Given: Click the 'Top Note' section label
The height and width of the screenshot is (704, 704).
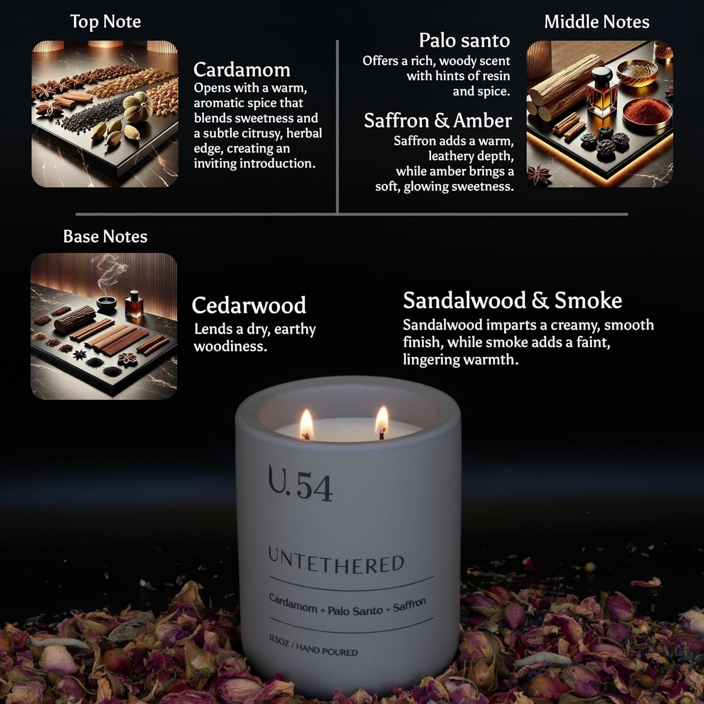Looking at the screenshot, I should click(x=105, y=22).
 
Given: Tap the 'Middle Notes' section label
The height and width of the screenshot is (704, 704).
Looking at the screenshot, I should click(x=596, y=22).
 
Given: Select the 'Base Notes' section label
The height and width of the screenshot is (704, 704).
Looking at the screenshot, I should click(x=105, y=236).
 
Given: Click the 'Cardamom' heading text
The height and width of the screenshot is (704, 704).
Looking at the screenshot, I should click(x=242, y=70).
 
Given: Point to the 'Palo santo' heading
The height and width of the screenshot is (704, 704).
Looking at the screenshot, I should click(x=464, y=40).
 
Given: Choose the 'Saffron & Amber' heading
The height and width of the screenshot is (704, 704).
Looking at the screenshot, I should click(x=438, y=120).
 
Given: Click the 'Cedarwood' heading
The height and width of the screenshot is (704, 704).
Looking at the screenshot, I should click(x=248, y=305).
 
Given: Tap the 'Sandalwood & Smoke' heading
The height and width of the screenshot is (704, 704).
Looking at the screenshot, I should click(x=512, y=301).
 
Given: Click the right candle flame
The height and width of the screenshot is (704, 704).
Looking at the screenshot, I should click(x=382, y=420).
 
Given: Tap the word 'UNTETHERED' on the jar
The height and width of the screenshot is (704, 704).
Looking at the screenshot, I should click(x=336, y=561).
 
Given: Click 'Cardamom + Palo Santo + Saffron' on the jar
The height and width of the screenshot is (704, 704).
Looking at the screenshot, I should click(x=347, y=607).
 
